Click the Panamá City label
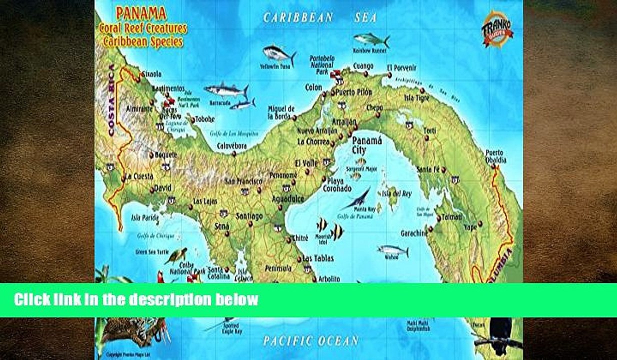[366, 145]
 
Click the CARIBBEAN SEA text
[320, 17]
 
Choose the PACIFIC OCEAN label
[310, 341]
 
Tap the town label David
[163, 188]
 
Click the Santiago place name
[248, 216]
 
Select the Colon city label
[313, 87]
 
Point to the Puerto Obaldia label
[495, 156]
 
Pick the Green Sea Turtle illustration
[176, 255]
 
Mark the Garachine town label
[414, 233]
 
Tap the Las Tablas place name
[318, 258]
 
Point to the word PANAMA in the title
[135, 14]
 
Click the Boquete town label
[166, 154]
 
